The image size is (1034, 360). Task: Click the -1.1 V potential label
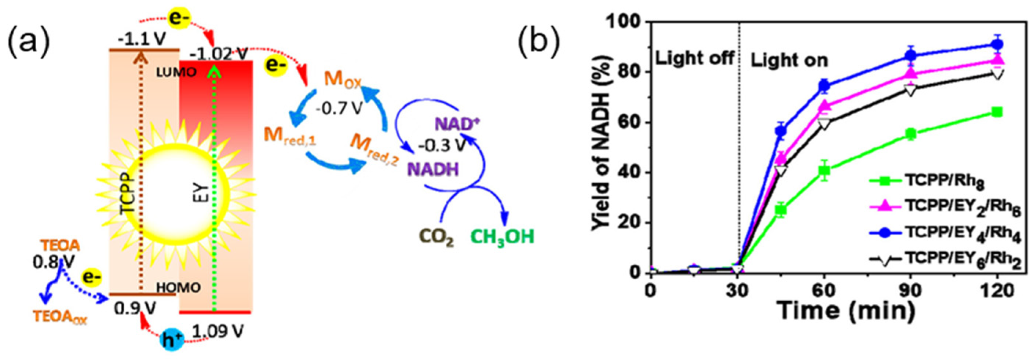[x=138, y=40]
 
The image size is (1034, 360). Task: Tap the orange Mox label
[x=342, y=80]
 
